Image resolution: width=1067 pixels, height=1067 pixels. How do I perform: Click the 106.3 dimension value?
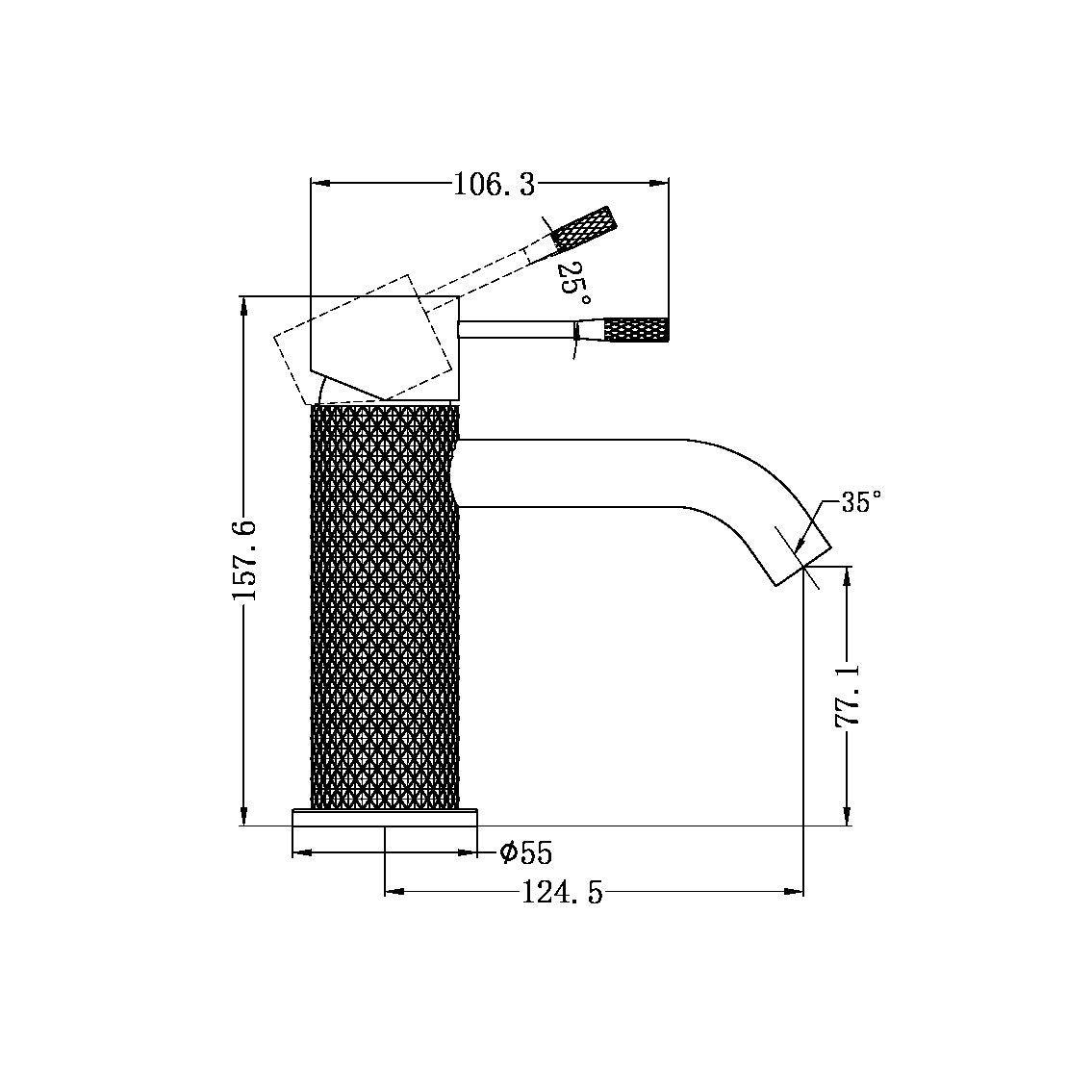[494, 184]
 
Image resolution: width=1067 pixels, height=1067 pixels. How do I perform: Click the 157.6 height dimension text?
[244, 561]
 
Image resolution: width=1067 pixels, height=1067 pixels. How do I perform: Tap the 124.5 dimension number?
[562, 894]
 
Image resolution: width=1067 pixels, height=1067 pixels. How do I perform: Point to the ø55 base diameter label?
[525, 852]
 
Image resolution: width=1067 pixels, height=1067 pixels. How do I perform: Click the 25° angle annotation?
[572, 279]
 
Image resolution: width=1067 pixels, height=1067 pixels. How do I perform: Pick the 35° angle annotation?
[861, 502]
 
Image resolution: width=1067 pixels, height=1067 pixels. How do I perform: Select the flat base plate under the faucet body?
[385, 817]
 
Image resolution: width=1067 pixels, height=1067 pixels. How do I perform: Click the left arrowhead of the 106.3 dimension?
[317, 183]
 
